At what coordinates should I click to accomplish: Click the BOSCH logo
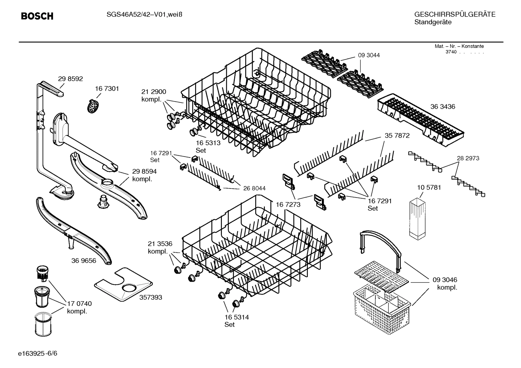coord(37,16)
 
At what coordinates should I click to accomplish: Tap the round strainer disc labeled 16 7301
coord(94,106)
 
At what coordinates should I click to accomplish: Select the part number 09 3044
coord(369,55)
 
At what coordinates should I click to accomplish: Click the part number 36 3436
coord(443,107)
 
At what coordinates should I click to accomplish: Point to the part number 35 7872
coord(397,135)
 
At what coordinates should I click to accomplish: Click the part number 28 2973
coord(468,158)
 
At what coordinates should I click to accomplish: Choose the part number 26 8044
coord(254,188)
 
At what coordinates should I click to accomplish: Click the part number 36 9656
coord(84,260)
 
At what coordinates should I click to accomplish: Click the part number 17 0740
coord(79,303)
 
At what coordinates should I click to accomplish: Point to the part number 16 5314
coord(236,317)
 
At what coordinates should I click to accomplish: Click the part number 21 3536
coord(160,243)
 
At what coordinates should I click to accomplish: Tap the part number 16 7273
coord(288,204)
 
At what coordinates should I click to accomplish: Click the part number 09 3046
coord(445,280)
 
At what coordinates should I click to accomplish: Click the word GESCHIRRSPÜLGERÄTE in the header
coord(455,14)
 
